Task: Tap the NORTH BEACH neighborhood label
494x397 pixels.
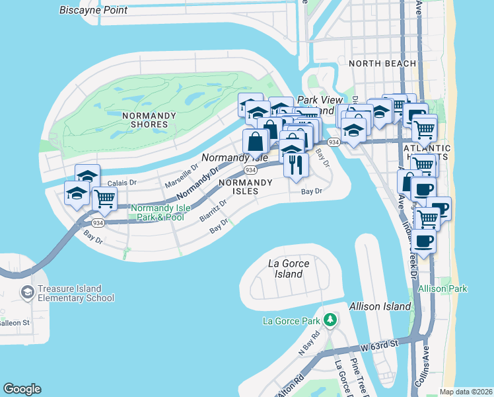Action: (382, 64)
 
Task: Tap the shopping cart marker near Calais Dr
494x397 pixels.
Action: (104, 197)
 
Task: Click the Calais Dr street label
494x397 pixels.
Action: (120, 182)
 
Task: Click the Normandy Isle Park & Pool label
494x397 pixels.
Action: (161, 212)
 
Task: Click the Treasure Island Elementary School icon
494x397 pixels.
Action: (27, 292)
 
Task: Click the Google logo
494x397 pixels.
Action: (22, 389)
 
